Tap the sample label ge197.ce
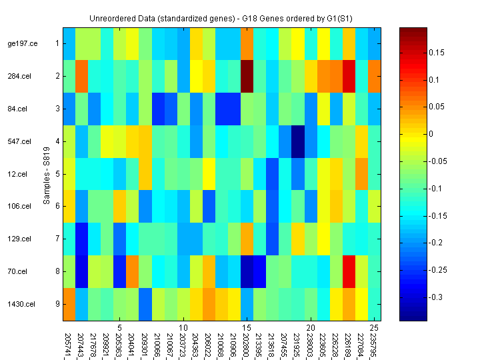tap(22, 43)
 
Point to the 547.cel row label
tap(19, 141)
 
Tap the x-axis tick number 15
tap(247, 329)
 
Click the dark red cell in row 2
tap(247, 76)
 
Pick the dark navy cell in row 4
tap(298, 141)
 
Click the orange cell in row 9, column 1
tap(69, 305)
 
